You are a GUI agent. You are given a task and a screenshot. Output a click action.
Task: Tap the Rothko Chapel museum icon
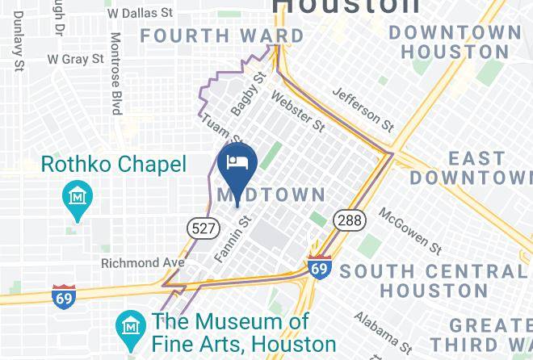point(78,196)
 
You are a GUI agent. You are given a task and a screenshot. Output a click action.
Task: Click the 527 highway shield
point(203,228)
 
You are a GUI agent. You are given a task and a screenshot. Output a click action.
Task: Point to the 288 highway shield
point(352,220)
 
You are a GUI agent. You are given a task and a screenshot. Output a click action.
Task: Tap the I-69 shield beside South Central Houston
point(320,267)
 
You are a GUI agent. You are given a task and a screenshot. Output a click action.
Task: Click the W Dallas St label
point(140,13)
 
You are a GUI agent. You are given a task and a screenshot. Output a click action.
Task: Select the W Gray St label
point(75,59)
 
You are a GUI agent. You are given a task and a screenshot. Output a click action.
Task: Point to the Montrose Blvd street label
point(115,73)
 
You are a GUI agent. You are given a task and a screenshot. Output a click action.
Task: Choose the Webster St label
point(298,111)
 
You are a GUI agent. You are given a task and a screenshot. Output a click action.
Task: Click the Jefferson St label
point(363,109)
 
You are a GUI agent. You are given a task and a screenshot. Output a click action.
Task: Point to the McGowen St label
point(410,232)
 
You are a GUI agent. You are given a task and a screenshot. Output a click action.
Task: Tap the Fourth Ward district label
point(222,36)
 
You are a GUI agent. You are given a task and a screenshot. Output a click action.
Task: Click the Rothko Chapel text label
point(113,165)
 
